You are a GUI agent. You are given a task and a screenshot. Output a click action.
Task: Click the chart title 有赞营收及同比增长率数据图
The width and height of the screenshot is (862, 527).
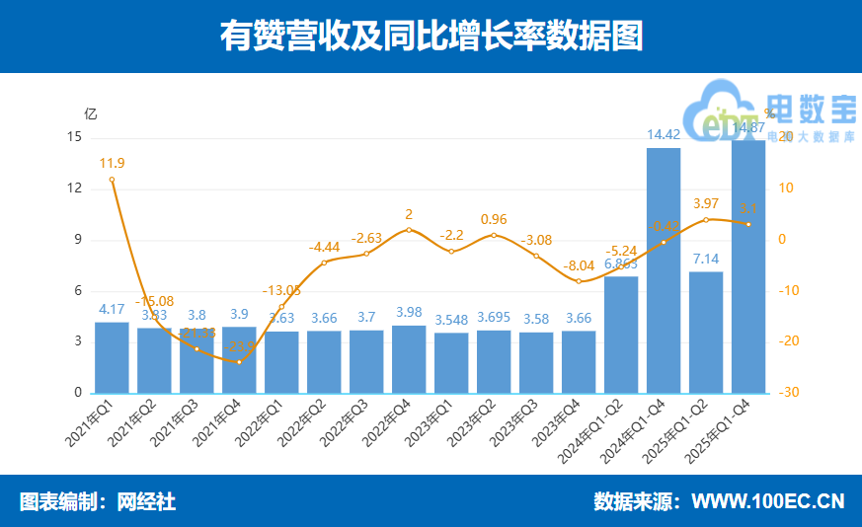point(431,36)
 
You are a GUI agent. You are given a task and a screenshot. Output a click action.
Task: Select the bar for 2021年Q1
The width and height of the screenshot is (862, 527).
point(112,357)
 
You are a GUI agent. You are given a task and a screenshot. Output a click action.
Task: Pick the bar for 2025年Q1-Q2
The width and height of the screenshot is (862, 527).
point(706,332)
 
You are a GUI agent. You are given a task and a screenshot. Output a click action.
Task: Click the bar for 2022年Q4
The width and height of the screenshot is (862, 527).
point(409,358)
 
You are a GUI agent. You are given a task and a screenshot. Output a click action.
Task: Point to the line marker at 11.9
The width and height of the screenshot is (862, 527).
point(112,180)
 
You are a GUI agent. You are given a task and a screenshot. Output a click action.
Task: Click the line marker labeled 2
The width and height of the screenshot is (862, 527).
point(409,230)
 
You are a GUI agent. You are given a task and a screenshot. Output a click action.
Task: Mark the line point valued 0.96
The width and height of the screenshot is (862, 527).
point(494,235)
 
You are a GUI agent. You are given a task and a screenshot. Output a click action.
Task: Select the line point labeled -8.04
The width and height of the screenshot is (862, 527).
point(579,281)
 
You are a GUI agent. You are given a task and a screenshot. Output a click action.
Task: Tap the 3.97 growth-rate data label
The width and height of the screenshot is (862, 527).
point(706,203)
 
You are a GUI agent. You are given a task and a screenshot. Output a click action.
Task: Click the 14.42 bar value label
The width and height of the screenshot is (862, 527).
point(664,135)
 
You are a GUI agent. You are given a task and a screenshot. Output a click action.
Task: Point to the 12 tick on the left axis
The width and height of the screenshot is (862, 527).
point(75,188)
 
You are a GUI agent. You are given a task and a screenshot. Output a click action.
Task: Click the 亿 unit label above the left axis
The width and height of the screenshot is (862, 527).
point(90,113)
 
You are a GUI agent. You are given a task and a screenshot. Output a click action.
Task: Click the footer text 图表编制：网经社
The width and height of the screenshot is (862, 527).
point(98,501)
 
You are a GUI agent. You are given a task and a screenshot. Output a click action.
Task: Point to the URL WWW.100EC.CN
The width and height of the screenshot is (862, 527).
point(767,501)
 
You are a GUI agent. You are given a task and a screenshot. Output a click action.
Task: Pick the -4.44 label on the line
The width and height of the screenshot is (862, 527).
point(324,247)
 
